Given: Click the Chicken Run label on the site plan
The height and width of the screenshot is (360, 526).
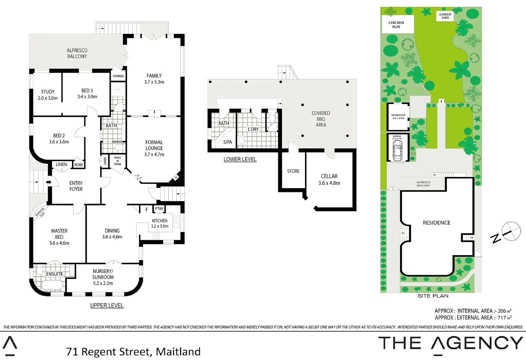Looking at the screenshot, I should coord(396,25).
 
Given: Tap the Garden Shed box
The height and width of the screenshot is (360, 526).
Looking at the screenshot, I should coord(445,16).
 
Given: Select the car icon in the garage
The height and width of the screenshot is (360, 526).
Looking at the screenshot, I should coord(397,150).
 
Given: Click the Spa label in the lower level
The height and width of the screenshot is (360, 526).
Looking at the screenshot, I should coord(227,142).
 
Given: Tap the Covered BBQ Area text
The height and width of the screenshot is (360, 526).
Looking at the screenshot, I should coord(321,119).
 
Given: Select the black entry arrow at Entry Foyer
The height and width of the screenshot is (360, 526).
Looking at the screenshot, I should coord(49,182).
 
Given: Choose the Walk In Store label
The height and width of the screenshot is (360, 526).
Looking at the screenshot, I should coord(117,161).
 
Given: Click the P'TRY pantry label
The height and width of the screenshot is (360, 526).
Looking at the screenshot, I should coord(159,209).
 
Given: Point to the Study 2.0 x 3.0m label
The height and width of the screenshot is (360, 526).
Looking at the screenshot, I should coord(48,95).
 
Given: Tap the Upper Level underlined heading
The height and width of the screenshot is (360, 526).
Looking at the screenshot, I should coord(107,305).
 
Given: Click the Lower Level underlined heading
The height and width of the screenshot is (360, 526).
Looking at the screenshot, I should coord(240,159).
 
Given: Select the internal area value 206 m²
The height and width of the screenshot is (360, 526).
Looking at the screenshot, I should coord(504,311).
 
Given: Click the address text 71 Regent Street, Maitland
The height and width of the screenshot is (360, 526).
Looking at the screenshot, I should coord(133,351).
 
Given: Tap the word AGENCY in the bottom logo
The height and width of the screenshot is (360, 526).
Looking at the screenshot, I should coord(477,343).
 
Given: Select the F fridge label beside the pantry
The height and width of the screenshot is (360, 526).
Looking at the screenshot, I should coord(147,210).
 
